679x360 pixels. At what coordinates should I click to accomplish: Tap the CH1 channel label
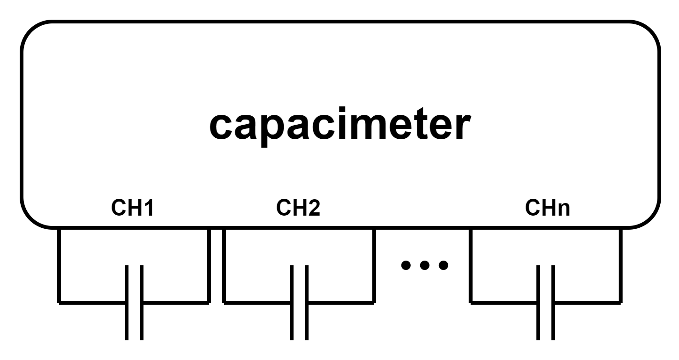coord(132,208)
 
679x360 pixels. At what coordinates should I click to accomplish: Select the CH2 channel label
coord(298,208)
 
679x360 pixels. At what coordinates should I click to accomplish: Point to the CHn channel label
coord(547,208)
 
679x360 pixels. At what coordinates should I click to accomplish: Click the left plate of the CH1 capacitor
coord(127,302)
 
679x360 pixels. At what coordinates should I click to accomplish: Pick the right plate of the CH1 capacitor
coord(141,302)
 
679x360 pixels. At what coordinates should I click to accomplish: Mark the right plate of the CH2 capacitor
coord(306,302)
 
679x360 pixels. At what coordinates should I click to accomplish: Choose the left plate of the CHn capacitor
coord(539,302)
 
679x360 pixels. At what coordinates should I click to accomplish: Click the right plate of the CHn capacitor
coord(553,302)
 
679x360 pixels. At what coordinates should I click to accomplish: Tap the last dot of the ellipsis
coord(442,266)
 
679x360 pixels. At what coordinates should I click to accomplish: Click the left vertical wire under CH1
coord(59,265)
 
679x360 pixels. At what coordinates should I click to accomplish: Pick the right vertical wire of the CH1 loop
coord(208,265)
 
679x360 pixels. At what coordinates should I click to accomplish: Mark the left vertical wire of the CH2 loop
coord(224,265)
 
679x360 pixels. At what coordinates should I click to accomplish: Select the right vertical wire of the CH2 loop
coord(373,265)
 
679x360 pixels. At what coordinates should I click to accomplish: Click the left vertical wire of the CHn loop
coord(471,265)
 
